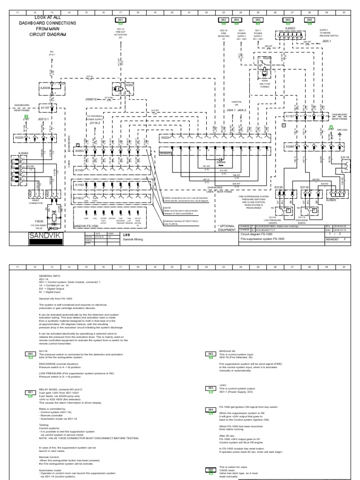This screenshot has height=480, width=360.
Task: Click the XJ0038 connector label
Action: click(x=45, y=87)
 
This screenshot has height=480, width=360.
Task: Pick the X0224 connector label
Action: click(x=165, y=138)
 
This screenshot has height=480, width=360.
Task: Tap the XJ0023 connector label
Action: click(x=291, y=28)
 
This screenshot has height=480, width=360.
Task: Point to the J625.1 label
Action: click(x=326, y=41)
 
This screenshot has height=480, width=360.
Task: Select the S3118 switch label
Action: click(x=345, y=158)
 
